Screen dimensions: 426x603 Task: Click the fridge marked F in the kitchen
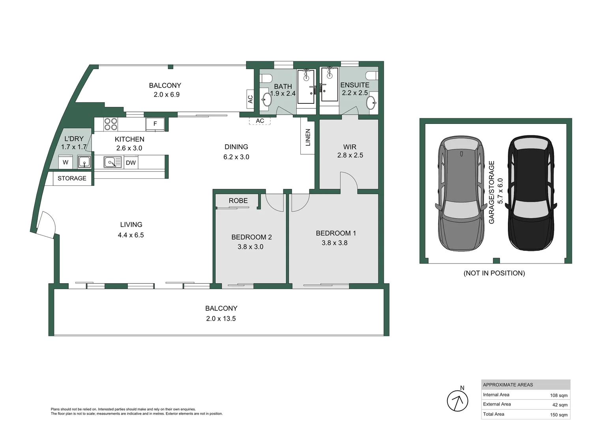click(155, 124)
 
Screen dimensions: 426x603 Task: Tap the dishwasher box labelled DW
click(131, 163)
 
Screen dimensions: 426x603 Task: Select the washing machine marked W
click(66, 162)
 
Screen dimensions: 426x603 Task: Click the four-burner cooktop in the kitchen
click(110, 124)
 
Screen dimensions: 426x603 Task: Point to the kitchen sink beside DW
click(113, 162)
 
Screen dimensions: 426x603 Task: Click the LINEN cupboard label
click(308, 137)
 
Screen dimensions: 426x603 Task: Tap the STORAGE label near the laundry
click(72, 178)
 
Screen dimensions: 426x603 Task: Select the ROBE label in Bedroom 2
click(238, 201)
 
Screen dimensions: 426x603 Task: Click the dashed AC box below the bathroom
click(260, 121)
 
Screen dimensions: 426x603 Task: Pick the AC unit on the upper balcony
click(250, 99)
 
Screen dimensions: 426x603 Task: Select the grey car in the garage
click(461, 193)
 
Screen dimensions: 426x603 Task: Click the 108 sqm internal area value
click(558, 395)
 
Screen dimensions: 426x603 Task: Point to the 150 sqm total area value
click(558, 415)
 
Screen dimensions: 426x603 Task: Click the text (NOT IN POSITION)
click(494, 273)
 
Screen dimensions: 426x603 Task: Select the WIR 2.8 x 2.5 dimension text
click(350, 155)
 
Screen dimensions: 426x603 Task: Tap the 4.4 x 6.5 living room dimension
click(131, 235)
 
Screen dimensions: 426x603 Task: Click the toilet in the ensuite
click(371, 75)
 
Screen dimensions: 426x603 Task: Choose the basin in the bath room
click(267, 99)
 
